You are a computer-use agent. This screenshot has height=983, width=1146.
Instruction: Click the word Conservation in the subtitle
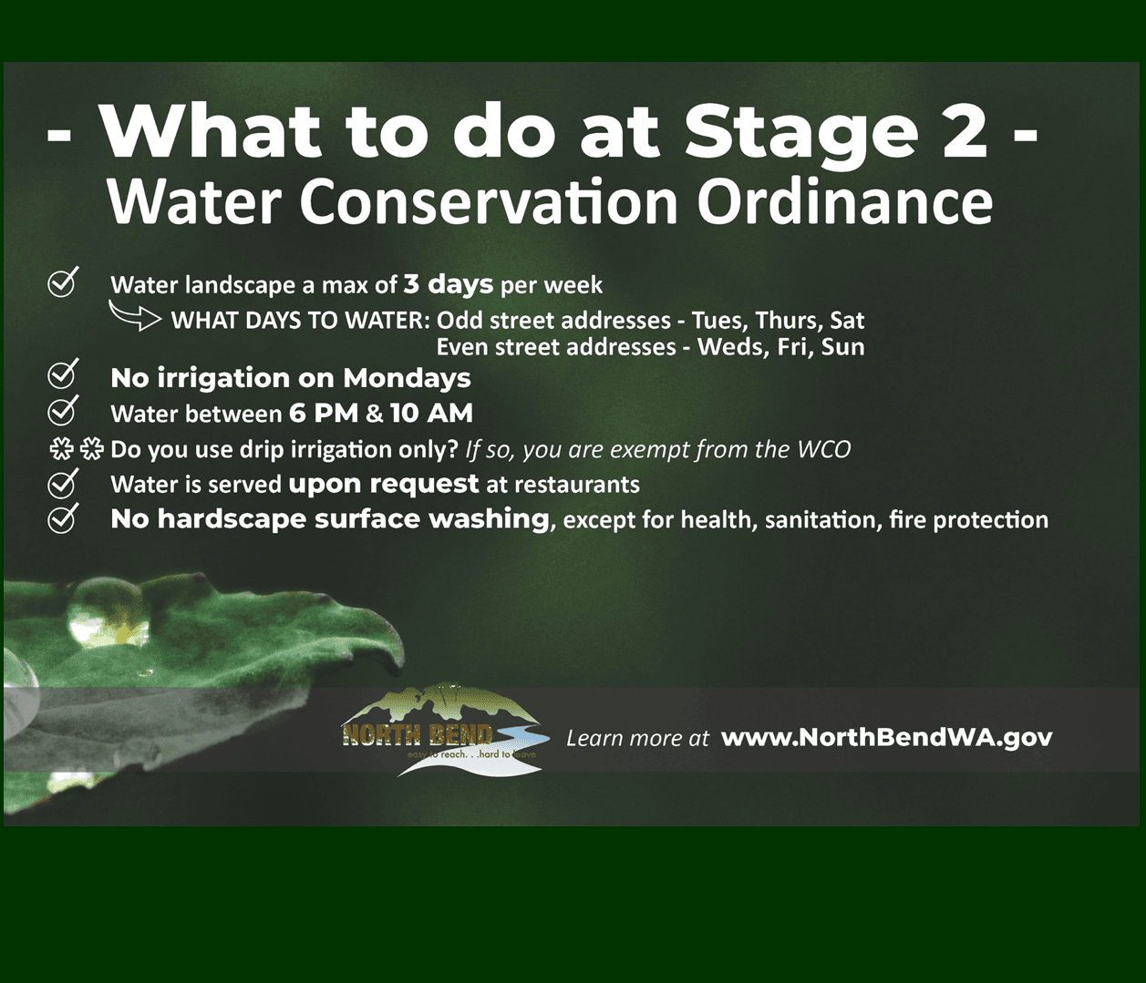(x=489, y=201)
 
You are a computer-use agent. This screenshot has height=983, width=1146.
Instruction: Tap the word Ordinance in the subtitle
(x=844, y=201)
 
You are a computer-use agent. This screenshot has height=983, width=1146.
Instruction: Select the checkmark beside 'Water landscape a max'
(x=62, y=282)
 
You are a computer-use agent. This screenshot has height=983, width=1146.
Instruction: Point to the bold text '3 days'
(x=448, y=284)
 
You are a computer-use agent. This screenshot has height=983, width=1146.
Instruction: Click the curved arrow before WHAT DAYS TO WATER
(x=134, y=316)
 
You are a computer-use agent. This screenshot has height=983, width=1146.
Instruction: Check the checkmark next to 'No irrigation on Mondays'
(x=62, y=374)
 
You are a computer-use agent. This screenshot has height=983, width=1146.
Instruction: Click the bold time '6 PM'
(x=324, y=414)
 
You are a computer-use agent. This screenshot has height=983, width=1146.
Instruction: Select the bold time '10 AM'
(x=431, y=414)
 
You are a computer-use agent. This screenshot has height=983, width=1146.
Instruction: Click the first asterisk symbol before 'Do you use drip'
(x=61, y=449)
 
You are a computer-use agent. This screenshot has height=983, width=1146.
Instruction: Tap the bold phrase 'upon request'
(x=383, y=484)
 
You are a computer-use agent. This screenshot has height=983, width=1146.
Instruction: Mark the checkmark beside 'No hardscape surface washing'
(x=62, y=517)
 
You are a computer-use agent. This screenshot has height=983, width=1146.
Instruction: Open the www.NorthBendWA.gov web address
(x=886, y=737)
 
